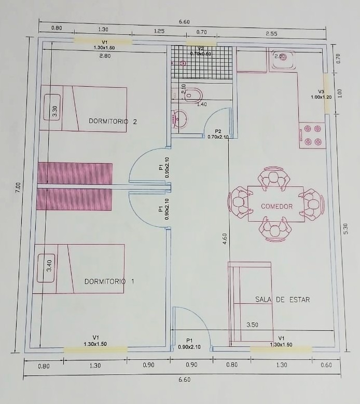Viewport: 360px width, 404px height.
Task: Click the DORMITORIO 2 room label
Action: coord(113,121)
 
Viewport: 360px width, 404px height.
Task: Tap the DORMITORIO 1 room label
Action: coord(109,281)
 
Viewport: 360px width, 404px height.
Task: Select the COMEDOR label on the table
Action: coord(276,206)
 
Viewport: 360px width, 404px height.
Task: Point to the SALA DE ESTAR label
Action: coord(282,300)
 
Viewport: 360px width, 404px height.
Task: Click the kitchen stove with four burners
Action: coord(312,135)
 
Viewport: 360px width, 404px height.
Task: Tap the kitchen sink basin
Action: coord(283,59)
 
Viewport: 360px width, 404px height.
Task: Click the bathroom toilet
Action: coord(193,95)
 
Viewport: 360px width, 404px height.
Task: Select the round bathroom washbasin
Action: coord(179,119)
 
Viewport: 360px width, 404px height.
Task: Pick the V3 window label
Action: coord(321,91)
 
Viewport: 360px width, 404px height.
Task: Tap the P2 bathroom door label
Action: coord(218,131)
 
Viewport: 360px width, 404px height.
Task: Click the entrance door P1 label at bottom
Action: coord(189,341)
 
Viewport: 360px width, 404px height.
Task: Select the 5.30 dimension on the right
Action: coord(345,228)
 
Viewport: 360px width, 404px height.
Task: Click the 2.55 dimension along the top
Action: coord(271,34)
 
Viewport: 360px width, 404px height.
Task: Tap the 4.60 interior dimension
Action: coord(225,238)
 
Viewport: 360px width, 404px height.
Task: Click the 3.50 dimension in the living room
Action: coord(252,325)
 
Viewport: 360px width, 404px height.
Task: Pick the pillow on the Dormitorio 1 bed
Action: coord(46,268)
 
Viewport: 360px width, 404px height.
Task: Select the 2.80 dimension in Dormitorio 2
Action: coord(105,56)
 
